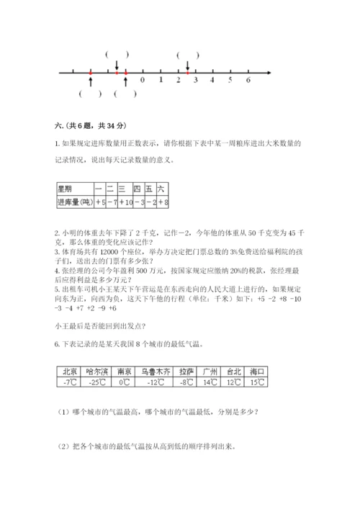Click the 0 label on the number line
coord(143,80)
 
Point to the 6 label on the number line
coord(248,80)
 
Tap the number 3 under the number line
coord(195,80)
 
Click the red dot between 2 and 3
coord(187,73)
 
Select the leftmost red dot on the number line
coord(90,73)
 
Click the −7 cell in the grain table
coord(112,203)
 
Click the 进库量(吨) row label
coord(74,203)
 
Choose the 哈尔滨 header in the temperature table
coord(96,371)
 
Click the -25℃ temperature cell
coord(96,382)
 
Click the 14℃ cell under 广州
coord(210,382)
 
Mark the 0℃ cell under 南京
coord(124,382)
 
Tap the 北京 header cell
coord(69,371)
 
